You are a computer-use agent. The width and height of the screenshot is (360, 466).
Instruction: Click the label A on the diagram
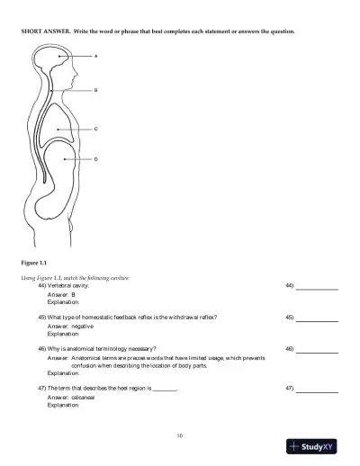[96, 56]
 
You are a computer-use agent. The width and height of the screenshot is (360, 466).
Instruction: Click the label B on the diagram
[96, 90]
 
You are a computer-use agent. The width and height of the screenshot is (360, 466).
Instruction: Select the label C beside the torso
[96, 129]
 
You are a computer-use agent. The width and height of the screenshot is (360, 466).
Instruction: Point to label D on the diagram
[96, 159]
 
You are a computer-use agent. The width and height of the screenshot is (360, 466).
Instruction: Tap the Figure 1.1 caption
[33, 262]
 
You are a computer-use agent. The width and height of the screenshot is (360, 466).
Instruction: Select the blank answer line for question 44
[317, 288]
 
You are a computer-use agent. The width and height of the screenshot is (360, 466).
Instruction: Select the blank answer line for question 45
[317, 319]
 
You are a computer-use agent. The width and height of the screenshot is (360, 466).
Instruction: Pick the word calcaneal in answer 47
[85, 397]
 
